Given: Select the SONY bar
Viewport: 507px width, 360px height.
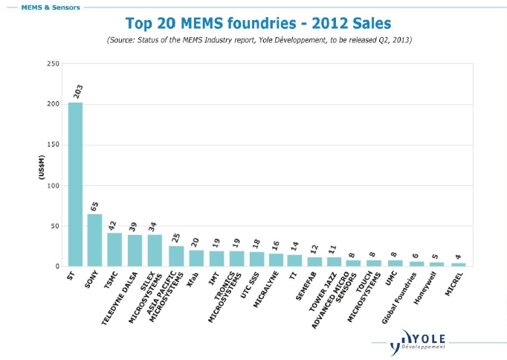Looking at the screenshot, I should [x=95, y=240].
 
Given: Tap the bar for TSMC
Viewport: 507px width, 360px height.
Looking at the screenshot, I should [x=114, y=249].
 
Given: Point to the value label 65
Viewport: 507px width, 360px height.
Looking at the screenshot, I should [x=95, y=206].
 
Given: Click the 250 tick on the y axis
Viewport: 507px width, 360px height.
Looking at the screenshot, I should [x=53, y=64].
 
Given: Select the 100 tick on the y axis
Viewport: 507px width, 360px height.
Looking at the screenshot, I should [x=53, y=185].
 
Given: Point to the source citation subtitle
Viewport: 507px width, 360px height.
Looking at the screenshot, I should [x=259, y=39].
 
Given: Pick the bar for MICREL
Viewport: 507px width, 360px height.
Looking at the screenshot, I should [x=459, y=264].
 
